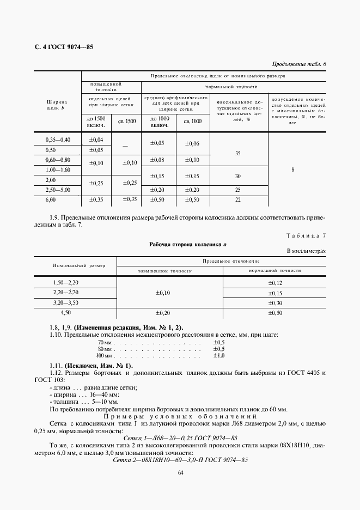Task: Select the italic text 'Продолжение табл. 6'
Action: click(298, 64)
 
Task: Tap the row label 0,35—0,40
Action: click(58, 140)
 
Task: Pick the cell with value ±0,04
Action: click(96, 140)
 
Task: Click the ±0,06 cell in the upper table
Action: click(192, 144)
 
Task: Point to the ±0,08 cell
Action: click(157, 160)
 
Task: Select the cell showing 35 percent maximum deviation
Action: click(237, 154)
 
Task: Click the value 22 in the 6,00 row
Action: click(237, 200)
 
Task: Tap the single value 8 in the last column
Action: click(292, 170)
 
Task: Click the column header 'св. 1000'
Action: click(192, 122)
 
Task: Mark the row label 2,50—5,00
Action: click(58, 190)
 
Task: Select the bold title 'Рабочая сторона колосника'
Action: click(187, 245)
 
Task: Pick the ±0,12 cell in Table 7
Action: click(275, 283)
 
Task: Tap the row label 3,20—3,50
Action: click(66, 302)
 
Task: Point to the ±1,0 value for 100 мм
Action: click(219, 355)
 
